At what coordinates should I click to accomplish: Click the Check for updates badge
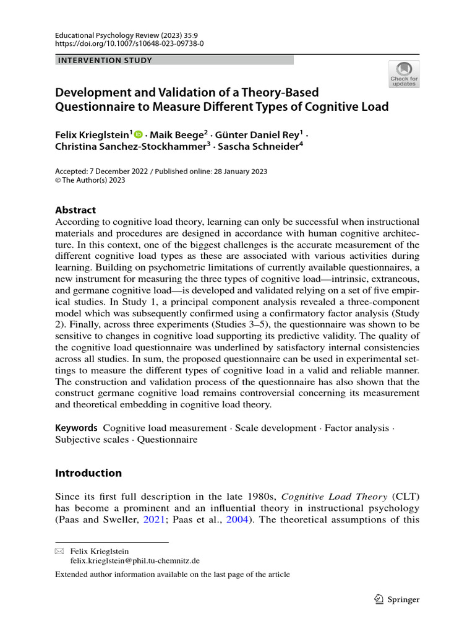(403, 74)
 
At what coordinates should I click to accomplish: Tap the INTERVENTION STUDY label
(105, 60)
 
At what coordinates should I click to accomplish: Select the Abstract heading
(75, 210)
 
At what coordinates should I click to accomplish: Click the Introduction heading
(88, 473)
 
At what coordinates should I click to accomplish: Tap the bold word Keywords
(76, 428)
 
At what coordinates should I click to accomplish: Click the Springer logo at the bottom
(397, 599)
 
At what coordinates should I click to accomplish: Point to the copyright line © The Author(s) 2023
(90, 180)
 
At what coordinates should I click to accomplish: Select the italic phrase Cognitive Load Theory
(335, 497)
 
